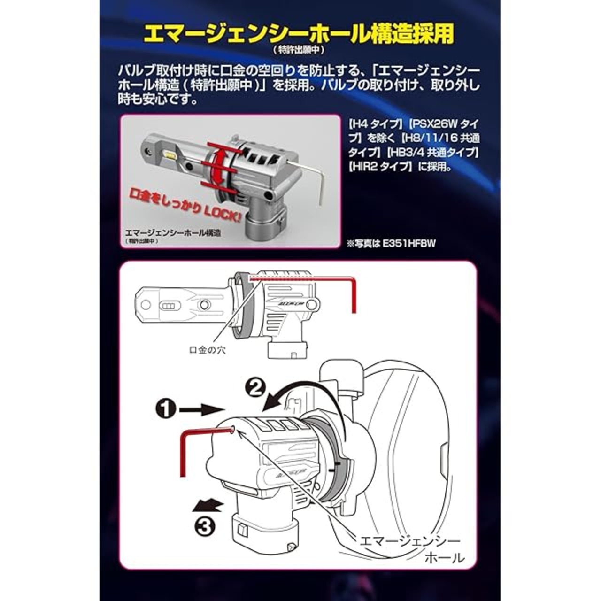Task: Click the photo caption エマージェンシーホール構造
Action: pos(180,232)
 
